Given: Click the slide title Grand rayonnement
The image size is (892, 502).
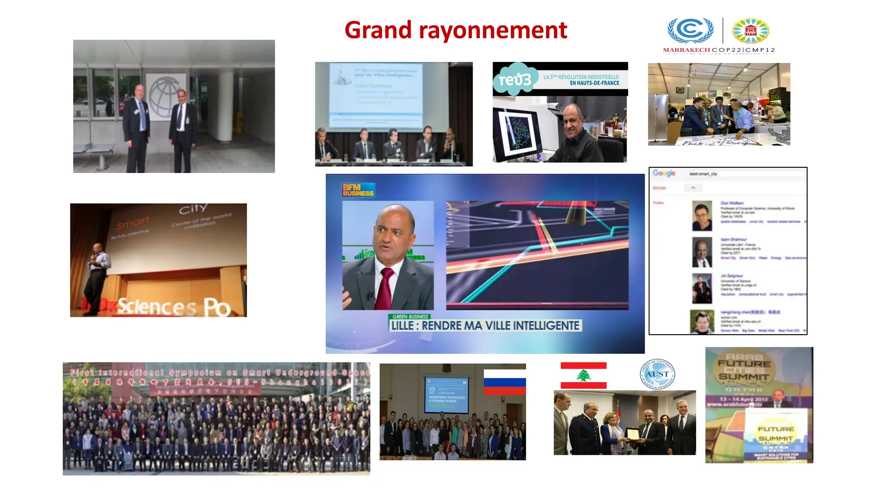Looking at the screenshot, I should [x=456, y=30].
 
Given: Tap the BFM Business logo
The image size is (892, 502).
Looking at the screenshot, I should [x=358, y=190].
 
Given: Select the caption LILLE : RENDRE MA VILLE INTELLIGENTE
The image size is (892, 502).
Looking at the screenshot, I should [x=485, y=326].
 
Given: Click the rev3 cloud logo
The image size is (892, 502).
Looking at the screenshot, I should [x=515, y=79].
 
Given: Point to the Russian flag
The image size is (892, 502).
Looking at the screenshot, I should [x=505, y=382].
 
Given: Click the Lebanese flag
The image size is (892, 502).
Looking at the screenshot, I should [x=583, y=375].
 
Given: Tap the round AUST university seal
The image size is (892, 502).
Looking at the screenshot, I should [x=657, y=374].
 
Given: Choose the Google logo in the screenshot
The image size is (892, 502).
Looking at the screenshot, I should [x=664, y=173].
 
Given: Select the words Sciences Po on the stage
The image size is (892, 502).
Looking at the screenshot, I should [x=173, y=307].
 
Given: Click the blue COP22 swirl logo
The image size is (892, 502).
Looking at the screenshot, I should [x=690, y=30].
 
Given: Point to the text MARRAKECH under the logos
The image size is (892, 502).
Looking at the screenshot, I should [x=686, y=50].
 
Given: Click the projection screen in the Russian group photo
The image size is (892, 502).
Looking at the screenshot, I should [x=446, y=395].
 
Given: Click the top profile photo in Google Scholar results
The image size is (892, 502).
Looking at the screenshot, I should [x=702, y=216].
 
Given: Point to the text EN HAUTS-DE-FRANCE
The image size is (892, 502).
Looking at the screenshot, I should [x=594, y=83].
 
